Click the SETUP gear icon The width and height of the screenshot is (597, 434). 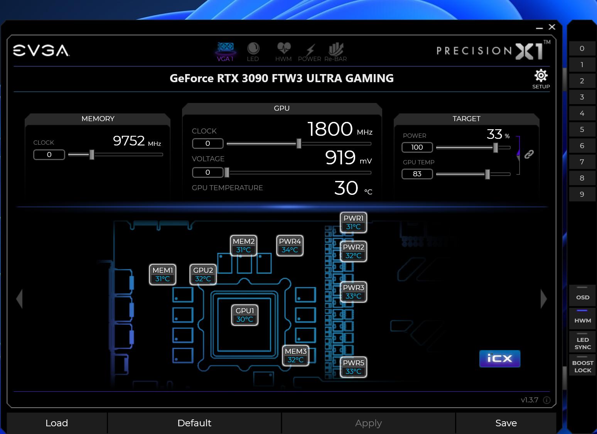coord(541,76)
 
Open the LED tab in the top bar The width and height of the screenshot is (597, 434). coord(253,52)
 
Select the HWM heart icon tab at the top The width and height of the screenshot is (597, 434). coord(283,52)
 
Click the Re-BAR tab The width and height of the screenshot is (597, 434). coord(336,52)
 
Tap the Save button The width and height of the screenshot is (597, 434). coord(506,423)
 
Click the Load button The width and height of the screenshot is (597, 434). coord(57,423)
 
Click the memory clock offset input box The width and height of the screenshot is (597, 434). coord(49,155)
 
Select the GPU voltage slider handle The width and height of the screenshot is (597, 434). coord(227,172)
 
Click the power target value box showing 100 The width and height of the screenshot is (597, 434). coord(417,147)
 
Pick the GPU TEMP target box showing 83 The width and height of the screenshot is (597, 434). coord(417,174)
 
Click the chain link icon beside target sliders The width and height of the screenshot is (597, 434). coord(529,154)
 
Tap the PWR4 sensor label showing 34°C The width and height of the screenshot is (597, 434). coord(290,245)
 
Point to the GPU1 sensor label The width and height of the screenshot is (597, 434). coord(245,315)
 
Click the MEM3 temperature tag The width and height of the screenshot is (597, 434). coord(295,355)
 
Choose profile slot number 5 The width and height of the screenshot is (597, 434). coord(582,130)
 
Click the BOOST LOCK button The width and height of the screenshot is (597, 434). coord(583,366)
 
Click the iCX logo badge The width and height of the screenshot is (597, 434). coord(500,358)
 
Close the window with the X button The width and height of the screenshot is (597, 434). coord(552,27)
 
